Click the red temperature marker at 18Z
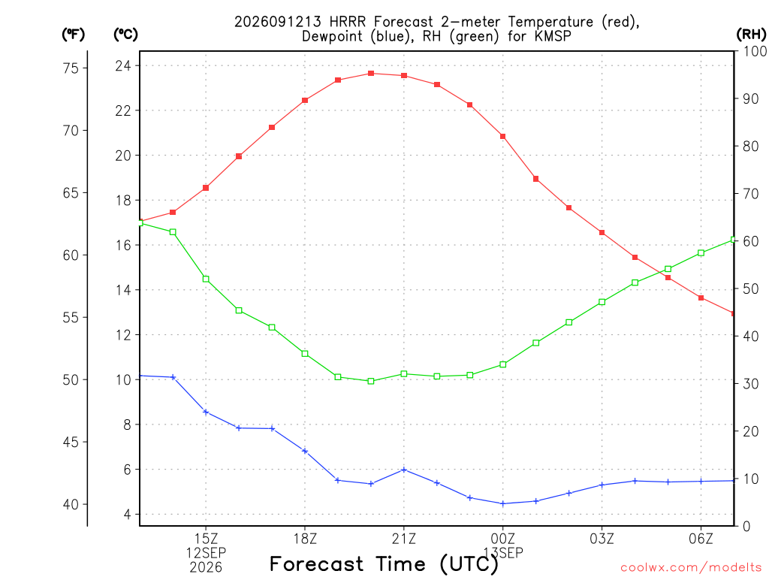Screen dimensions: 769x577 point(305,101)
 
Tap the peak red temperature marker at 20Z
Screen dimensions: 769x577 point(371,74)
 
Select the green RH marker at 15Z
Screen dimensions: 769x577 point(206,279)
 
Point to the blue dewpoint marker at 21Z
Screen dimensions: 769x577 point(404,470)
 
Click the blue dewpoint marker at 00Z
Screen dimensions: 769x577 point(502,503)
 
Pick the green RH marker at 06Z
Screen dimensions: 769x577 point(701,253)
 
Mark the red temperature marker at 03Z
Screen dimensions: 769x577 point(602,233)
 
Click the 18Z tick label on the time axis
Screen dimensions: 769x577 point(305,539)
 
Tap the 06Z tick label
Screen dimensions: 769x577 point(701,539)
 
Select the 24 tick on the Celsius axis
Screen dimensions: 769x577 point(123,66)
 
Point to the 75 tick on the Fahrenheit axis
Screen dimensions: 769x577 point(71,68)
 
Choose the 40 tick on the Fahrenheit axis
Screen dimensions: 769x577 point(71,504)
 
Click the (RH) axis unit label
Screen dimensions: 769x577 point(751,34)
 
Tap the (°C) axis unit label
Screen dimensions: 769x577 point(125,35)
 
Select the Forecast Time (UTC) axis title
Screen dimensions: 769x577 point(384,565)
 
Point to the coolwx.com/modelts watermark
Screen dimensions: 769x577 point(691,568)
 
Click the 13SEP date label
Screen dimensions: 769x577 point(503,553)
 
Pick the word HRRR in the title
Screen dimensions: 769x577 point(348,22)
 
